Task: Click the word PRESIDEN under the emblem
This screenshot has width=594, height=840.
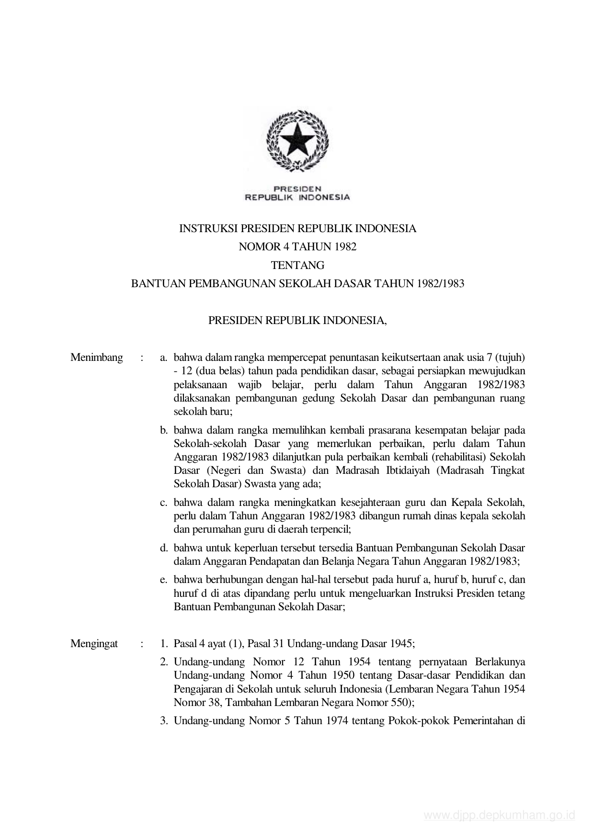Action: pyautogui.click(x=297, y=189)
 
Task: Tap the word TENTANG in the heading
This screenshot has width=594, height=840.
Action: pyautogui.click(x=297, y=265)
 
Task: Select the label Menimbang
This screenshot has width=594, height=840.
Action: pyautogui.click(x=97, y=358)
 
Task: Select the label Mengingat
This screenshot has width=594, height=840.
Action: pyautogui.click(x=94, y=643)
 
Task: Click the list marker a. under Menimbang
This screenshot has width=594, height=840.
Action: pyautogui.click(x=164, y=358)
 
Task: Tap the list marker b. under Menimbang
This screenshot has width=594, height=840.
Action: pyautogui.click(x=164, y=430)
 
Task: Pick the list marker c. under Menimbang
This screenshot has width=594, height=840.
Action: pyautogui.click(x=164, y=503)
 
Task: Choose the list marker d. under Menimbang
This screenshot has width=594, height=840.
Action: pyautogui.click(x=164, y=548)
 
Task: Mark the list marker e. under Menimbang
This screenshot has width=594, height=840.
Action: pyautogui.click(x=164, y=580)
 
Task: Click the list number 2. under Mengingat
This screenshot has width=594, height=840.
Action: pyautogui.click(x=164, y=662)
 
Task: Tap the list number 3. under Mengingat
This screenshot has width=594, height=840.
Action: pyautogui.click(x=164, y=720)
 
